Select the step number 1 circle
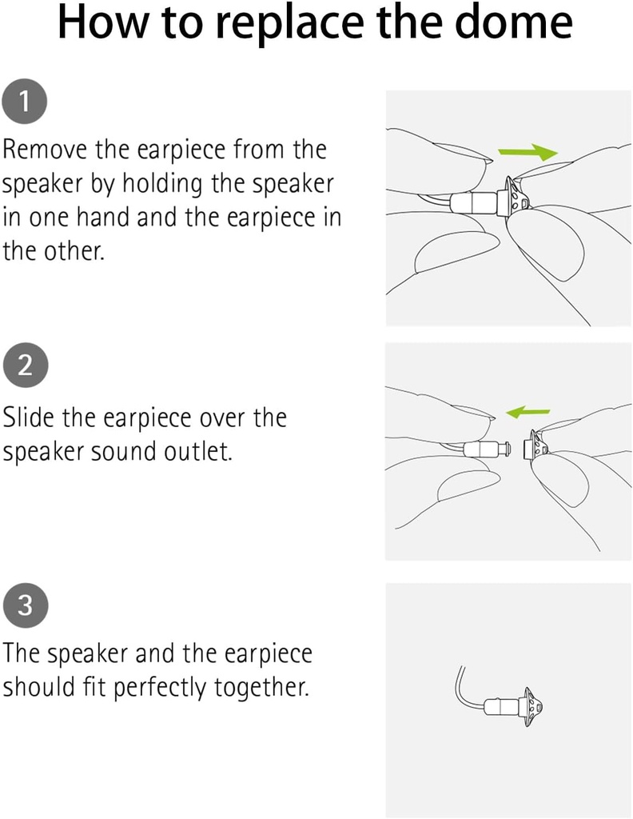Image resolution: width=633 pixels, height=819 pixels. point(25,102)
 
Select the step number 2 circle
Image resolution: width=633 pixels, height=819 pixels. point(25,366)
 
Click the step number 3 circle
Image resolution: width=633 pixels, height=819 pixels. point(25,605)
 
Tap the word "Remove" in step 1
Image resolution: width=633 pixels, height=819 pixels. point(45,150)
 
